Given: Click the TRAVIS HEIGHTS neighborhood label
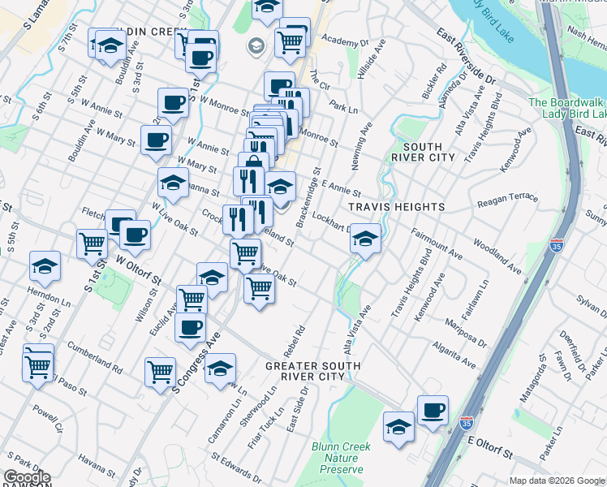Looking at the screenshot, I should coord(397,207).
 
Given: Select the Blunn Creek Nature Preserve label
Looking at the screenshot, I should coord(341,458).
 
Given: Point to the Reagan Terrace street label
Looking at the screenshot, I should coord(508,200).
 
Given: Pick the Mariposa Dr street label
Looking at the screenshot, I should coord(466,333).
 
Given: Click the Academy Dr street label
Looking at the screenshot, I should coord(345,40).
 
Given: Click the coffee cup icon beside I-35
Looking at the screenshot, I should coord(433,410).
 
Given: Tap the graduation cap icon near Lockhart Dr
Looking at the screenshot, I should coord(365,239).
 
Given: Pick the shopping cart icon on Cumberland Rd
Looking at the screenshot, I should coord(39,365).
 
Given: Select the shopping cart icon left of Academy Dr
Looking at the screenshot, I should coord(290,40).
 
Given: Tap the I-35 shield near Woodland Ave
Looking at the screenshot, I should coord(556,245).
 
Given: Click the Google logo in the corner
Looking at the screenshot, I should coord(26,478).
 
